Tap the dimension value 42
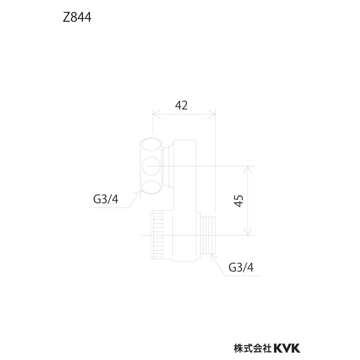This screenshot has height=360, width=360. click(x=181, y=105)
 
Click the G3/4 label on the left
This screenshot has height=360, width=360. click(x=106, y=199)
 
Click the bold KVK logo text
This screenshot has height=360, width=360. click(x=287, y=348)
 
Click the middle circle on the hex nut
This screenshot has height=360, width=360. click(x=152, y=166)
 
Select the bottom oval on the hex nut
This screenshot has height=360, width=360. click(x=152, y=186)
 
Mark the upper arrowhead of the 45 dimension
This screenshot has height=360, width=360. click(x=248, y=168)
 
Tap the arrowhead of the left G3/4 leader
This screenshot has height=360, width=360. click(x=141, y=194)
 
